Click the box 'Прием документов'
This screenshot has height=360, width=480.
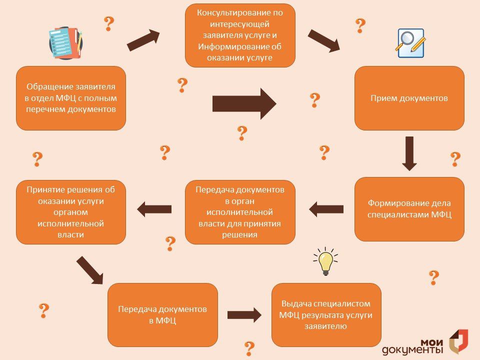(x=409, y=98)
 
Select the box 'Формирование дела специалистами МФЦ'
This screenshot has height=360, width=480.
(x=409, y=209)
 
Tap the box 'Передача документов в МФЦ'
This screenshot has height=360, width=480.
(x=162, y=314)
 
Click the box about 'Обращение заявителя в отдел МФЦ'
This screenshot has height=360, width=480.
(x=71, y=98)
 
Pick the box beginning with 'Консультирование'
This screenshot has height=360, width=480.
(x=240, y=35)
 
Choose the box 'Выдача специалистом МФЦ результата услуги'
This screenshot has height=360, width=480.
(x=326, y=314)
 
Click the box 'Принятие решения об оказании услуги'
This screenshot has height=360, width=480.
(x=71, y=212)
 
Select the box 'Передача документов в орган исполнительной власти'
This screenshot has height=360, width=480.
(x=240, y=212)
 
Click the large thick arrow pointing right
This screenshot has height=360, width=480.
(x=244, y=104)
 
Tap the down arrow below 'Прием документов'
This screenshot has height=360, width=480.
(x=409, y=153)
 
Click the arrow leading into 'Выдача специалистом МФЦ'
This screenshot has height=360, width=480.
(x=244, y=315)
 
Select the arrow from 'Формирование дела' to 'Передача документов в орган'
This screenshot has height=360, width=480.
(x=326, y=209)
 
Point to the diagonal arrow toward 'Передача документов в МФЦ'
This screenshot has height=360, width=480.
(x=89, y=270)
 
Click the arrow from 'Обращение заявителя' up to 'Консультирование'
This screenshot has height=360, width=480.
(x=143, y=40)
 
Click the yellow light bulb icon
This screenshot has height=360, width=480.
(x=325, y=261)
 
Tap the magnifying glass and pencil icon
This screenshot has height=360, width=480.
(x=410, y=43)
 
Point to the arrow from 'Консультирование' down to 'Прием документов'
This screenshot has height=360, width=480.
(x=324, y=41)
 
